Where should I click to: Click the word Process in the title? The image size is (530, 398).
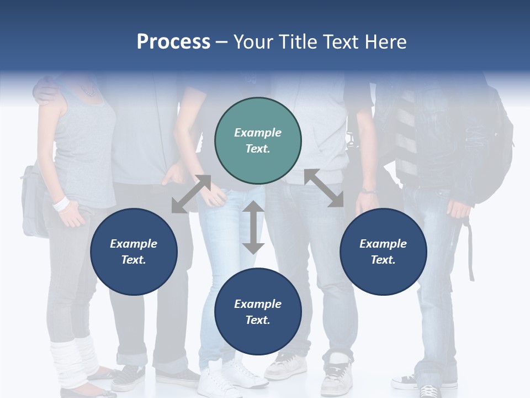pos(173,41)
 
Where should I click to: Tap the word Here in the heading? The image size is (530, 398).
pos(384,41)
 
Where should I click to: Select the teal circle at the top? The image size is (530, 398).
pos(258,141)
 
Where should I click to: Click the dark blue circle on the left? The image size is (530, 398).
pos(134,252)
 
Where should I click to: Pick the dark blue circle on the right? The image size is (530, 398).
pos(383,252)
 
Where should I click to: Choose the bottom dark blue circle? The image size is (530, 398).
pos(258,312)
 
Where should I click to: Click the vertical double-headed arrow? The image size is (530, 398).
pos(253,227)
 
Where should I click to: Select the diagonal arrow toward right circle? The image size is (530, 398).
pos(324,188)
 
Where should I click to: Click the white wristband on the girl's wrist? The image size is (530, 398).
pos(61,203)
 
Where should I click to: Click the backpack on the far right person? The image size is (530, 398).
pos(494,149)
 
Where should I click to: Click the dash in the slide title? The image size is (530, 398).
pos(221,41)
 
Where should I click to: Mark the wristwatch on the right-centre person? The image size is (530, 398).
pos(368,191)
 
